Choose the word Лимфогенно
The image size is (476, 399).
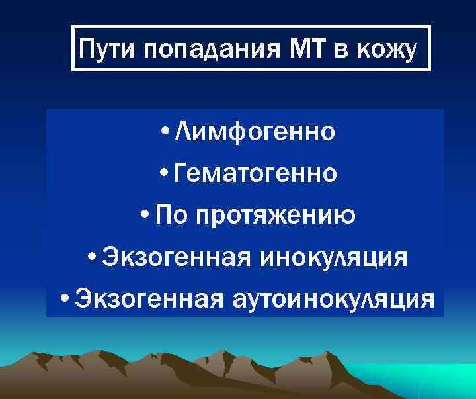tap(255, 132)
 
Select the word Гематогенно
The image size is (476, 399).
tap(255, 174)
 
